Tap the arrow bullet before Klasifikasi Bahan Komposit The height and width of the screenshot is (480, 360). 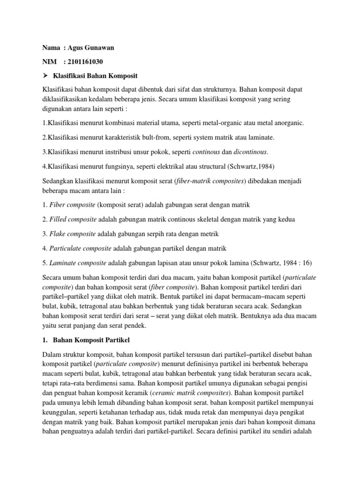tap(45, 75)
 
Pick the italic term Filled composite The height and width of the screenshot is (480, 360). tap(71, 219)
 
